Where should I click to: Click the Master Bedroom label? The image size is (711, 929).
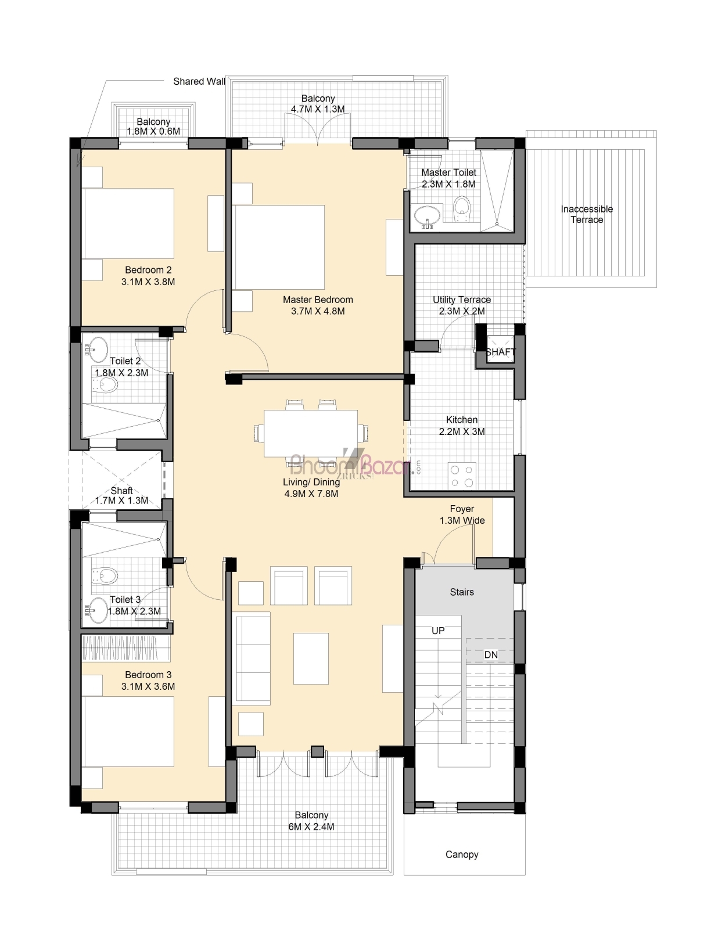click(318, 300)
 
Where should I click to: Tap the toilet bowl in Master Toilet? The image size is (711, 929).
click(462, 208)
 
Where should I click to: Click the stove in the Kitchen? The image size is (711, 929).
click(462, 476)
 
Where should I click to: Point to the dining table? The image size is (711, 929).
click(311, 433)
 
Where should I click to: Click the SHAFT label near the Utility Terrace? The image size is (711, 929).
click(500, 352)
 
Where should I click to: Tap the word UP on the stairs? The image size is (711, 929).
click(438, 631)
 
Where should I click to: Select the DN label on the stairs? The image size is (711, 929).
click(491, 655)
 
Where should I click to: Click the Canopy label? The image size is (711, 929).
click(462, 855)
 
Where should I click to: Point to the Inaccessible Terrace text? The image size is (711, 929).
click(587, 214)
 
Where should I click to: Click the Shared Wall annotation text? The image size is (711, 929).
click(199, 81)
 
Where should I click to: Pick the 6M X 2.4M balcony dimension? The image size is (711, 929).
click(311, 827)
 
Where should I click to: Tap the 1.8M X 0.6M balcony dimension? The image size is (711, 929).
click(153, 131)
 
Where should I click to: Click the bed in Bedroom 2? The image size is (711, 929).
click(128, 224)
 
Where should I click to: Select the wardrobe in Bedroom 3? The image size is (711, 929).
click(126, 648)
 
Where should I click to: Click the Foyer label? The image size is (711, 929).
click(462, 509)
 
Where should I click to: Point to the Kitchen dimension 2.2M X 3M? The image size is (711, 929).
click(462, 431)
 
